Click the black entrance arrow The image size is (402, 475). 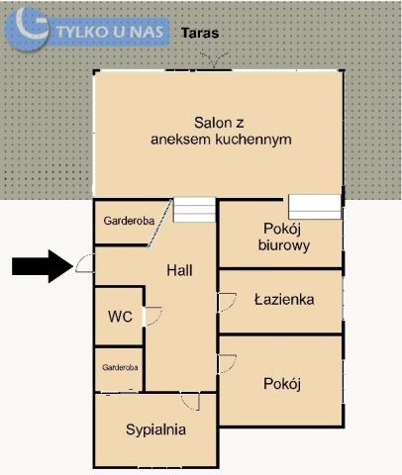pyautogui.click(x=40, y=265)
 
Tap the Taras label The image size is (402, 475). pyautogui.click(x=200, y=33)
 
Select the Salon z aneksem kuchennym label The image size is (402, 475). pyautogui.click(x=220, y=131)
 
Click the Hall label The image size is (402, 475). pyautogui.click(x=179, y=270)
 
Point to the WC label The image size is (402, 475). pyautogui.click(x=120, y=317)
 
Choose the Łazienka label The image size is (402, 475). pyautogui.click(x=284, y=298)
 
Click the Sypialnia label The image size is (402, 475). pyautogui.click(x=156, y=429)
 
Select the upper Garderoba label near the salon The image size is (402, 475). pyautogui.click(x=129, y=222)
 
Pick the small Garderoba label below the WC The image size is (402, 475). pyautogui.click(x=119, y=367)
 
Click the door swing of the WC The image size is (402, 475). pyautogui.click(x=153, y=317)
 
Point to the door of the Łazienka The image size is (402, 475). pyautogui.click(x=227, y=301)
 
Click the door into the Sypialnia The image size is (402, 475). pyautogui.click(x=191, y=401)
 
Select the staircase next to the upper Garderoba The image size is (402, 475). pyautogui.click(x=194, y=210)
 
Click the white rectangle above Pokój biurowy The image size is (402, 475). pyautogui.click(x=315, y=207)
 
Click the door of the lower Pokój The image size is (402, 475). pyautogui.click(x=227, y=363)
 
